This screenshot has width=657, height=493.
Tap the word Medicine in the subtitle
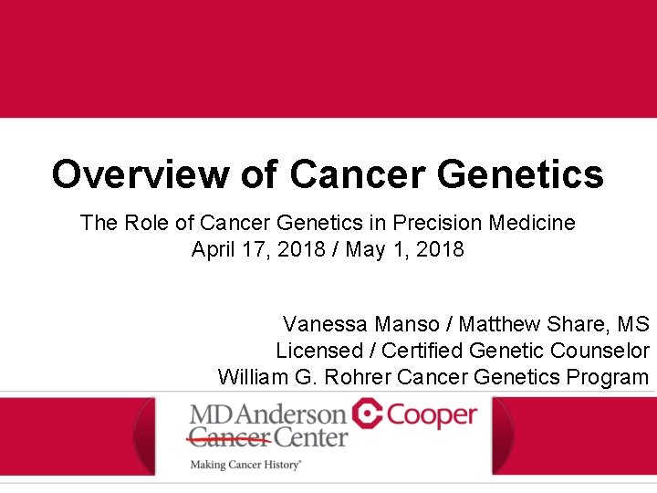pyautogui.click(x=533, y=222)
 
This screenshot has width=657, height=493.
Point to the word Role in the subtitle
pyautogui.click(x=147, y=222)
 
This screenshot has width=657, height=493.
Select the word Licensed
pyautogui.click(x=319, y=351)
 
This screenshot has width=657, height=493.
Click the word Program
pyautogui.click(x=608, y=377)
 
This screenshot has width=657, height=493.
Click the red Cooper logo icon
pyautogui.click(x=368, y=414)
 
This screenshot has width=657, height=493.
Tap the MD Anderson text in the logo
pyautogui.click(x=267, y=415)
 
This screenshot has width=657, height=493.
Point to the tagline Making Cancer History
pyautogui.click(x=245, y=465)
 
